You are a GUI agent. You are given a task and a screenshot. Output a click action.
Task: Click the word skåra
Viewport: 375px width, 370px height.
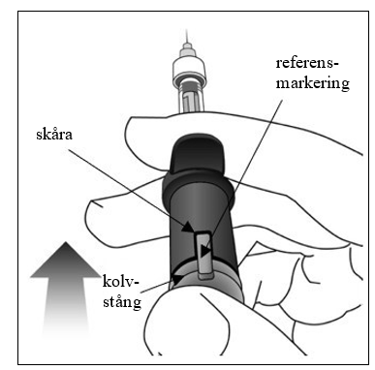pyautogui.click(x=54, y=135)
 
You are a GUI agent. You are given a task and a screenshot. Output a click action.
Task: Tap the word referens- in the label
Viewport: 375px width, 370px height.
pyautogui.click(x=307, y=63)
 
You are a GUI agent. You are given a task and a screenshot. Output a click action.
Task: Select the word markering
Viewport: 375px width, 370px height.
pyautogui.click(x=313, y=83)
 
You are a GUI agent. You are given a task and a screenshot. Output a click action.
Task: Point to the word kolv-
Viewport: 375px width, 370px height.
pyautogui.click(x=120, y=282)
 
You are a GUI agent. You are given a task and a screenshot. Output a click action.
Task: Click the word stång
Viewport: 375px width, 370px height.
pyautogui.click(x=122, y=301)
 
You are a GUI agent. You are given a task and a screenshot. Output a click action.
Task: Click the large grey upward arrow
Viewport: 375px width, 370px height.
pyautogui.click(x=66, y=291)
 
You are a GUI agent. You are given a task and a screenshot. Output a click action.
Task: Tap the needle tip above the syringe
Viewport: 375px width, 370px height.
pyautogui.click(x=187, y=30)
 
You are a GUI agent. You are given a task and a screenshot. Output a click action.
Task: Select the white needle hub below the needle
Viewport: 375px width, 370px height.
pyautogui.click(x=189, y=71)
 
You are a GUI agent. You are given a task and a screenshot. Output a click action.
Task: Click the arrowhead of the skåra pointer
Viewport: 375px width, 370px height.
pyautogui.click(x=188, y=227)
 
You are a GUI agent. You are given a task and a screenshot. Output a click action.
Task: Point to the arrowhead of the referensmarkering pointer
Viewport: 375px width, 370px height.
pyautogui.click(x=204, y=251)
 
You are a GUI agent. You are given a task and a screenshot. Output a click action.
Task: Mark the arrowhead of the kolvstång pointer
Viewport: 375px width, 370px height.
pyautogui.click(x=176, y=278)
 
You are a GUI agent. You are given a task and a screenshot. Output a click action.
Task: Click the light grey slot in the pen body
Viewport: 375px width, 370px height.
pyautogui.click(x=203, y=255)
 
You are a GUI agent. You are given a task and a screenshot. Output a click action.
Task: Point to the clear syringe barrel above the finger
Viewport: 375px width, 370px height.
pyautogui.click(x=191, y=99)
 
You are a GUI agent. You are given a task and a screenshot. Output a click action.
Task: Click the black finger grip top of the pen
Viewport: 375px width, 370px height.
pyautogui.click(x=199, y=155)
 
